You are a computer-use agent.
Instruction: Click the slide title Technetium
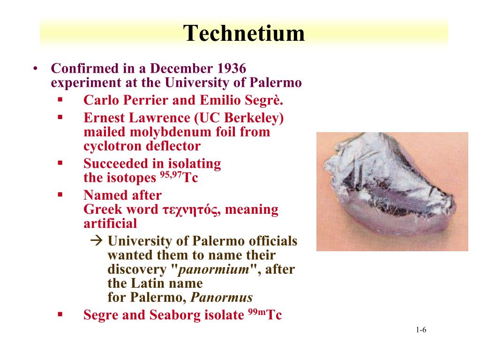[244, 34]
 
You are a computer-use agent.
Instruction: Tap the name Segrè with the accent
[267, 100]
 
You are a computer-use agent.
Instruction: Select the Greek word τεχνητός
[191, 210]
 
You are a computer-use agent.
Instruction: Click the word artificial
[110, 223]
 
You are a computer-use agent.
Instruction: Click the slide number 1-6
[420, 330]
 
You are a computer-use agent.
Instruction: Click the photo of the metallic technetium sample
[392, 191]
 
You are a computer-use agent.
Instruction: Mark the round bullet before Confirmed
[35, 69]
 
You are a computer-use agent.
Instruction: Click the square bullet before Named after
[60, 194]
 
